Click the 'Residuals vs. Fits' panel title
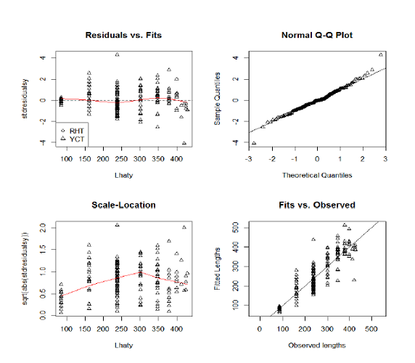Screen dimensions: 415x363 coord(123,36)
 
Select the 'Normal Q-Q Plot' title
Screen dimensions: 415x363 coord(317,36)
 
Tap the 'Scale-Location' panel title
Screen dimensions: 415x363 coord(123,205)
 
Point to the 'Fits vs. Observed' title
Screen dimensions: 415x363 coord(317,205)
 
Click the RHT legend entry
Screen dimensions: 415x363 coord(73,131)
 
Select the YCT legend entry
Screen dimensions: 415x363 coord(73,139)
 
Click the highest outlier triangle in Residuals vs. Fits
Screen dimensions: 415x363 coord(118,54)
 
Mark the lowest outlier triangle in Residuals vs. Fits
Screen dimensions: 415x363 coord(184,143)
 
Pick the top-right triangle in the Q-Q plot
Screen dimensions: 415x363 coord(381,54)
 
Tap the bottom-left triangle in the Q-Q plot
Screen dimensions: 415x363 coord(254,143)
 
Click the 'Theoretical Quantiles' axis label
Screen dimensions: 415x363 coord(317,175)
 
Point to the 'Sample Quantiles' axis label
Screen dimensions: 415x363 coord(217,99)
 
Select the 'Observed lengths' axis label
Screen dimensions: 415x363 coord(317,346)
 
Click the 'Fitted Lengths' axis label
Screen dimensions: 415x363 coord(217,269)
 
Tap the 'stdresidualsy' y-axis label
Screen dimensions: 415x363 coord(25,99)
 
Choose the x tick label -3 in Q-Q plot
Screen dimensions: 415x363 coord(248,159)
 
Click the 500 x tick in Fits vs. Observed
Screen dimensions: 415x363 coord(371,329)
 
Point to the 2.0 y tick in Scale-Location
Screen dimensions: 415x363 coord(43,228)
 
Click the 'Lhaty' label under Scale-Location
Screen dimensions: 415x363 coord(123,346)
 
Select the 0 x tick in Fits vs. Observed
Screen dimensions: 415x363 coord(260,329)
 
